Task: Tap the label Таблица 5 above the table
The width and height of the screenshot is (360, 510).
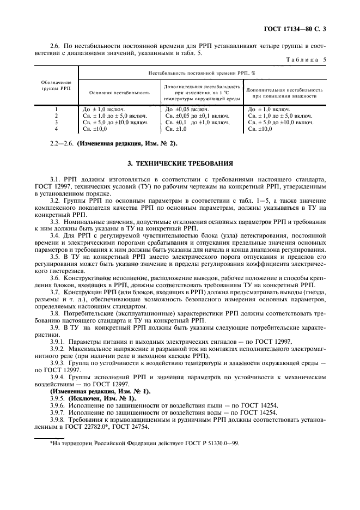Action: pyautogui.click(x=307, y=59)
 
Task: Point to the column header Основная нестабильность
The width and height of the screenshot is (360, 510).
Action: pyautogui.click(x=119, y=93)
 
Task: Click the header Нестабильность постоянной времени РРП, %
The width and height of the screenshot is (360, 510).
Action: pyautogui.click(x=203, y=72)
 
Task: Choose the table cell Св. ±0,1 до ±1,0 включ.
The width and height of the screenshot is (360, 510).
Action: pyautogui.click(x=197, y=123)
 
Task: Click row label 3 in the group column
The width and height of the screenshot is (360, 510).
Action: pyautogui.click(x=57, y=123)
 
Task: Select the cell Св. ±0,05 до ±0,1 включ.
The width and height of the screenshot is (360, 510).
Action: pyautogui.click(x=197, y=116)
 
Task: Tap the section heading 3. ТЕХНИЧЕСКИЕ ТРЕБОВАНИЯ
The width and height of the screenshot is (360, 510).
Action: pyautogui.click(x=180, y=162)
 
